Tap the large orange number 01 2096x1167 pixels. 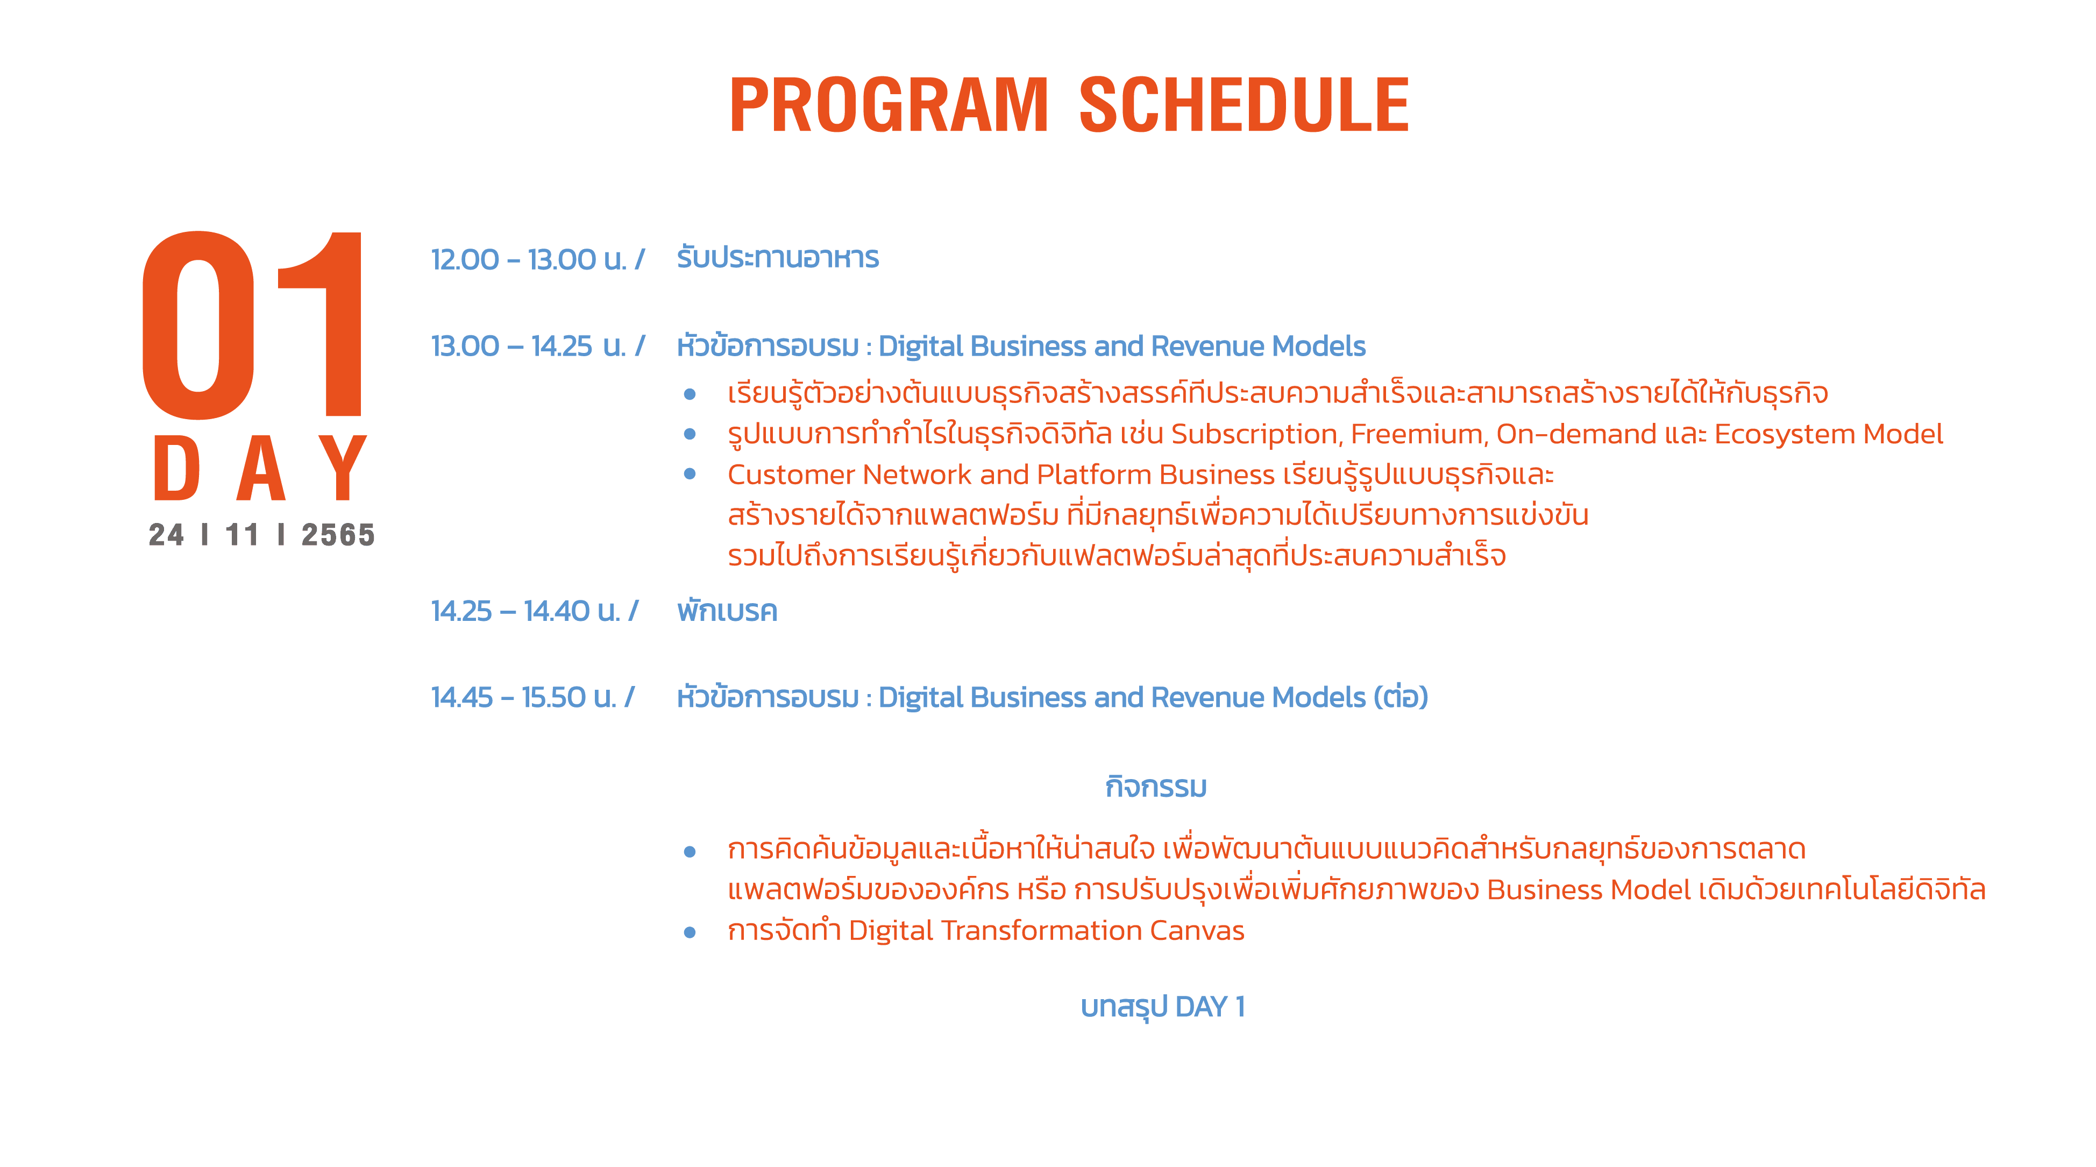252,325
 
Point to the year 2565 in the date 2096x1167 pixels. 338,535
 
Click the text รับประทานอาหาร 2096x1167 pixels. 778,257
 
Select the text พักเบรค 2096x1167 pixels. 727,610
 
